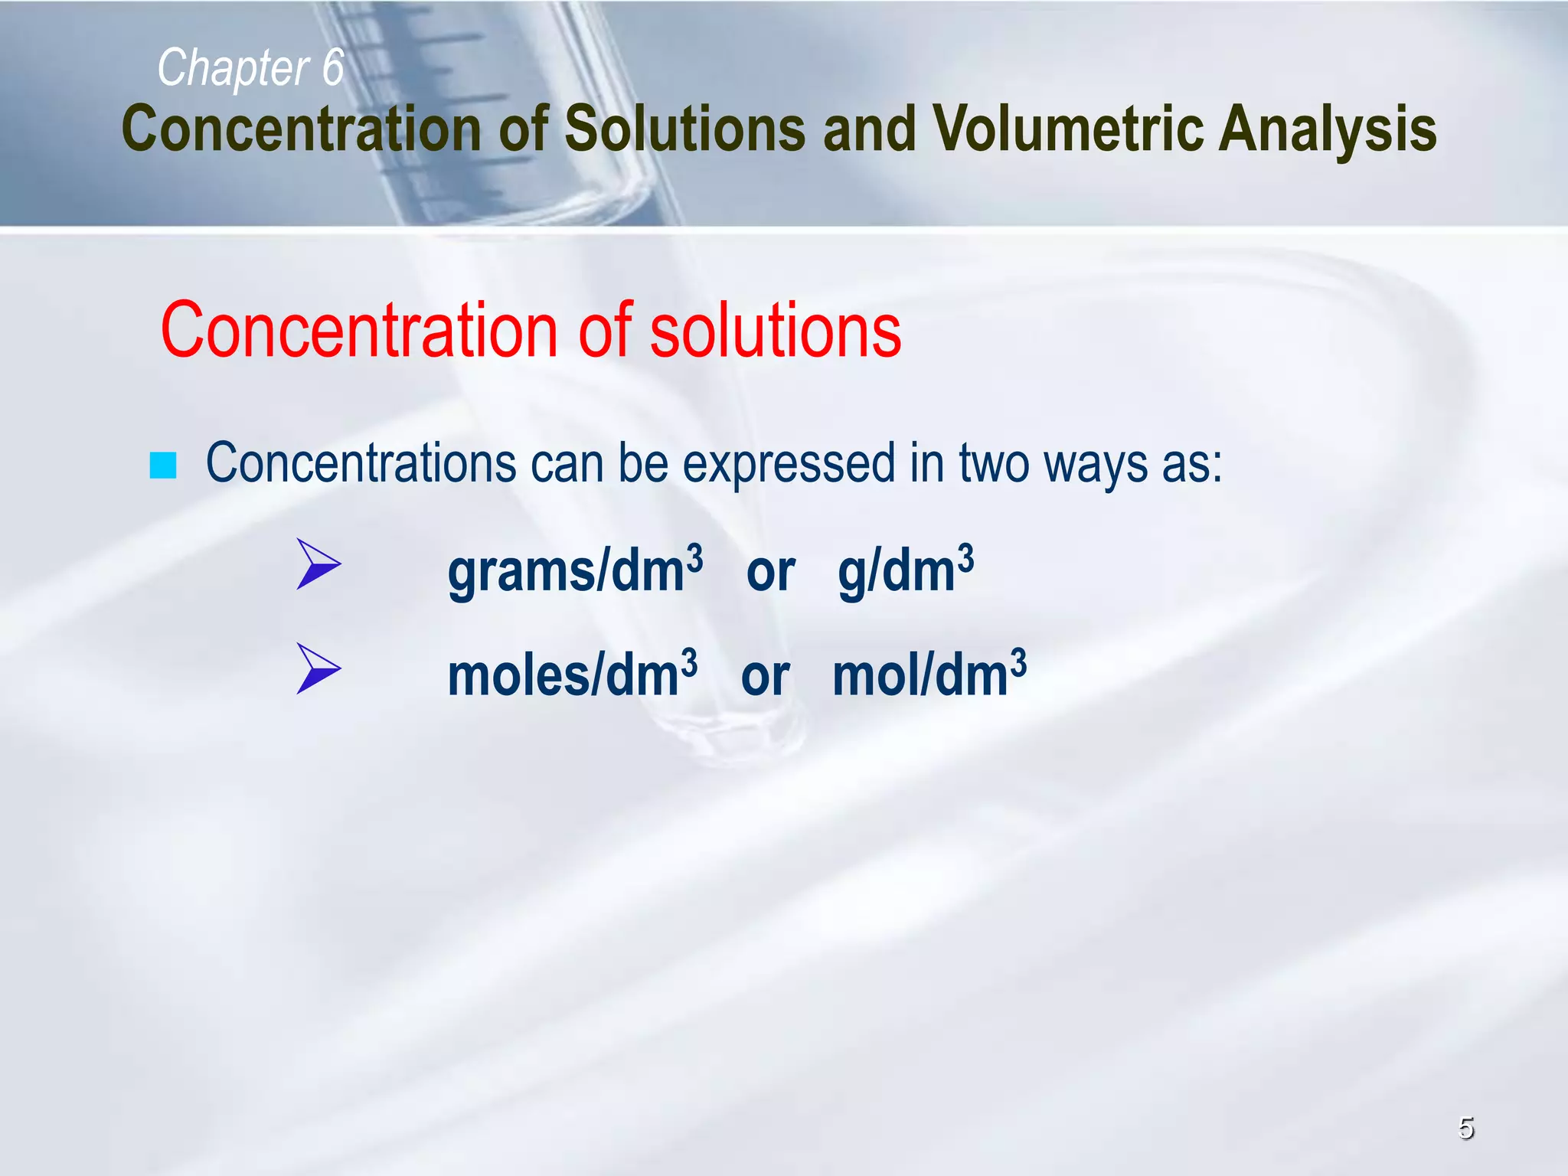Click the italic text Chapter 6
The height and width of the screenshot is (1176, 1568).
tap(250, 68)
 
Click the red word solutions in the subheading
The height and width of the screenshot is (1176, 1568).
tap(775, 331)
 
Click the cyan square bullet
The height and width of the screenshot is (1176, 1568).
tap(163, 465)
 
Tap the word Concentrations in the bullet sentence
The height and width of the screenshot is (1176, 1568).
tap(361, 464)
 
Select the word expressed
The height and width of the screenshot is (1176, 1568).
tap(788, 464)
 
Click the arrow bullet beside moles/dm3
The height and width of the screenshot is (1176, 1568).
tap(318, 668)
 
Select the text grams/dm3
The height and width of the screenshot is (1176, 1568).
tap(574, 571)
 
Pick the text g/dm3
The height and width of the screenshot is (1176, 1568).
tap(905, 571)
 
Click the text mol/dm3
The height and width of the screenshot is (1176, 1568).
tap(928, 675)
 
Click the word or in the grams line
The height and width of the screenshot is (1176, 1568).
tap(770, 573)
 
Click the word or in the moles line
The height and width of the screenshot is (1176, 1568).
tap(765, 677)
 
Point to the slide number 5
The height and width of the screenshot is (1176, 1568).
tap(1465, 1129)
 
